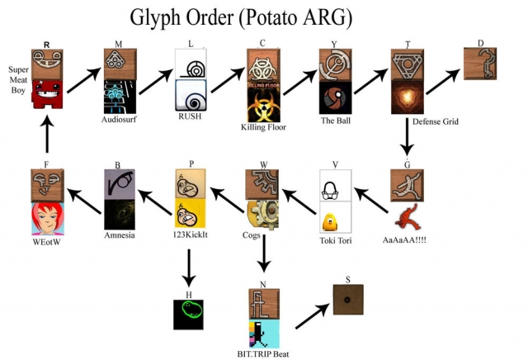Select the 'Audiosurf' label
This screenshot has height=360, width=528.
(x=118, y=118)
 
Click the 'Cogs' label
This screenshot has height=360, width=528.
(x=252, y=235)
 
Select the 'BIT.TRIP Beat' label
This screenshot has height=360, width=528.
(x=262, y=353)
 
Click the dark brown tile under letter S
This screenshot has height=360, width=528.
(x=348, y=300)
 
